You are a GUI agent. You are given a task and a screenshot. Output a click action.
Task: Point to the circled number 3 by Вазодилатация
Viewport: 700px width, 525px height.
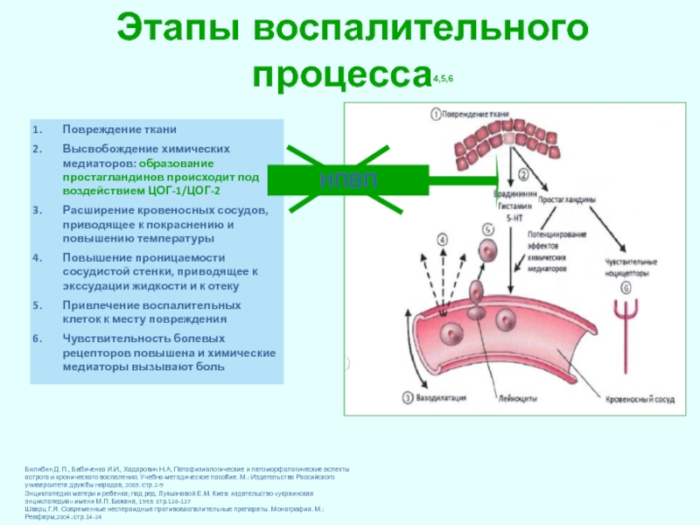click(408, 398)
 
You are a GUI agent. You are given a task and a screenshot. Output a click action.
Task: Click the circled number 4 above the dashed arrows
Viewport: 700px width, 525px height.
click(441, 238)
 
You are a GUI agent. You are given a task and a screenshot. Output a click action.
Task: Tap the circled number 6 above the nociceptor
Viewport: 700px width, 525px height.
click(626, 287)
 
